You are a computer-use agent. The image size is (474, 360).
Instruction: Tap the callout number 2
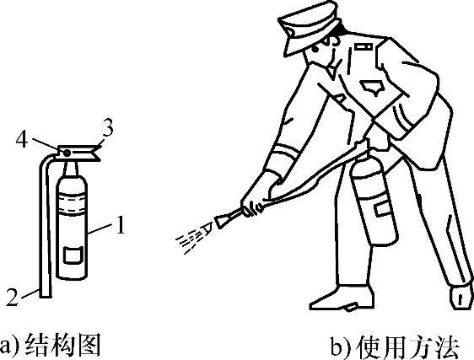pos(12,297)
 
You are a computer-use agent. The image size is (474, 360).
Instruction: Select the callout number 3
pos(107,128)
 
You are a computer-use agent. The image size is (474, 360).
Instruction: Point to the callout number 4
pos(22,140)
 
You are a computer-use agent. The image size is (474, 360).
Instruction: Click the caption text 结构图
pos(62,345)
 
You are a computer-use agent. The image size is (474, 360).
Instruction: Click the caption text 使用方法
pos(408,347)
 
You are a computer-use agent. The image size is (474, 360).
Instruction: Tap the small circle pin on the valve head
pos(67,153)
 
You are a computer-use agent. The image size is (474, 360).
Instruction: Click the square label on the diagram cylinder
pos(73,255)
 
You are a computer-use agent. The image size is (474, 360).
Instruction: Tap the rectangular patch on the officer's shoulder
pos(364,46)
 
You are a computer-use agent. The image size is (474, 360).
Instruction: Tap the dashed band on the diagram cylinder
pos(72,204)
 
